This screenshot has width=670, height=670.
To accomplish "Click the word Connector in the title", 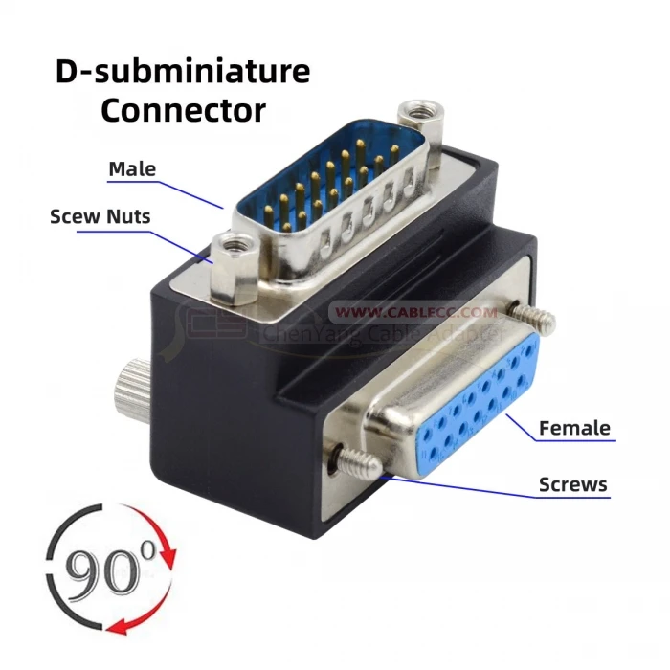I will pyautogui.click(x=183, y=109).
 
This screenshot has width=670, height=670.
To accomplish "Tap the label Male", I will pyautogui.click(x=132, y=169).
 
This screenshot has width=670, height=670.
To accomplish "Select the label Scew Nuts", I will pyautogui.click(x=100, y=217).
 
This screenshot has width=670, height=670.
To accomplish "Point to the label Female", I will pyautogui.click(x=574, y=428).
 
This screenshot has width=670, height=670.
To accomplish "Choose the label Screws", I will pyautogui.click(x=573, y=484).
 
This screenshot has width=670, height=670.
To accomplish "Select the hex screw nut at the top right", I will pyautogui.click(x=416, y=116).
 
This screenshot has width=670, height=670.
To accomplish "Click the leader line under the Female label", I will pyautogui.click(x=555, y=440).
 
